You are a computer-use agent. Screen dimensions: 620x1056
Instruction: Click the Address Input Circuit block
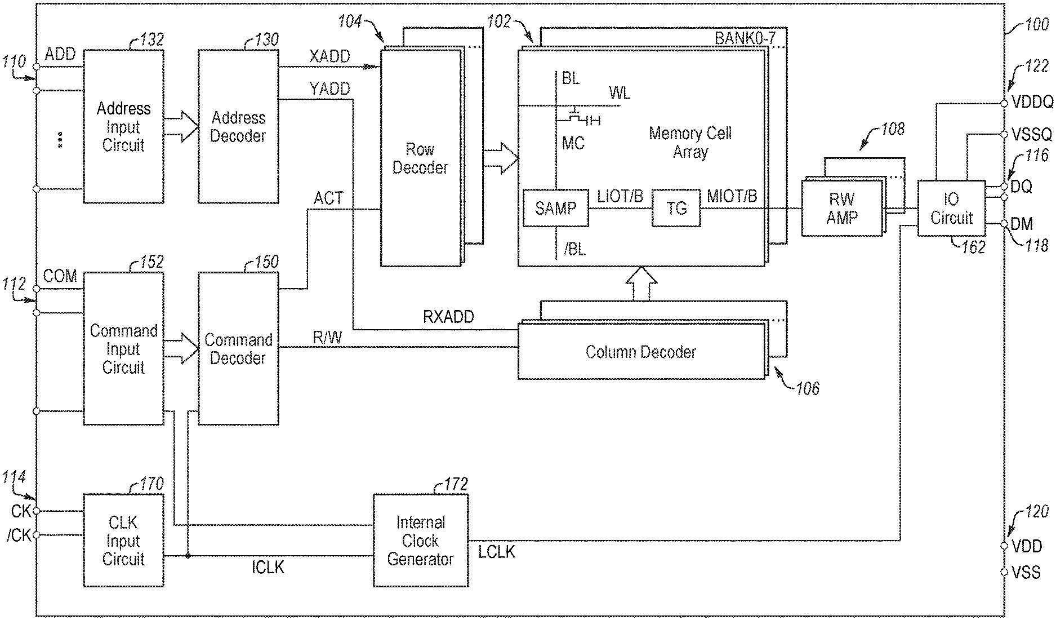click(x=123, y=126)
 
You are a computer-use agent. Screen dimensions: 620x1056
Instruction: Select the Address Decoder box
click(x=238, y=126)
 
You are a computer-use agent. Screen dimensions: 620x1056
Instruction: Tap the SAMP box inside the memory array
click(x=555, y=208)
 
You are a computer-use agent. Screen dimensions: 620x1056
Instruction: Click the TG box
click(x=676, y=209)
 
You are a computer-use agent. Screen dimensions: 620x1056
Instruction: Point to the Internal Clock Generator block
click(x=420, y=541)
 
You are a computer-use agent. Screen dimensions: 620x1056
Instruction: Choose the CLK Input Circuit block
click(x=123, y=541)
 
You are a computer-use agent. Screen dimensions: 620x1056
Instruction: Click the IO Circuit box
click(x=951, y=208)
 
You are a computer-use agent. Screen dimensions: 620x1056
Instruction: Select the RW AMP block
click(x=842, y=208)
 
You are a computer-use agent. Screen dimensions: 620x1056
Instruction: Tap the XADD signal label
click(x=329, y=56)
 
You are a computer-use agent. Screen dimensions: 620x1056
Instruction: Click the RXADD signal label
click(x=448, y=317)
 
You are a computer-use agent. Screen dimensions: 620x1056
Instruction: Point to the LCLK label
click(x=497, y=552)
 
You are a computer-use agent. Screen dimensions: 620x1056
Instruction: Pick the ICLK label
click(x=268, y=567)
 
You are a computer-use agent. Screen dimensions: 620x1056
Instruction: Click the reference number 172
click(x=455, y=485)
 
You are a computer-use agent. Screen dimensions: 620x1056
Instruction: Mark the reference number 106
click(x=807, y=388)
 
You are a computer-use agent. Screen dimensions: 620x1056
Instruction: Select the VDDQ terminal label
click(x=1032, y=102)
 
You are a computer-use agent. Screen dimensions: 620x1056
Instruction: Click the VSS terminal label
click(x=1026, y=573)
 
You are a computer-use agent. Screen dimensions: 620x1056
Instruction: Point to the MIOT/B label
click(x=732, y=196)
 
